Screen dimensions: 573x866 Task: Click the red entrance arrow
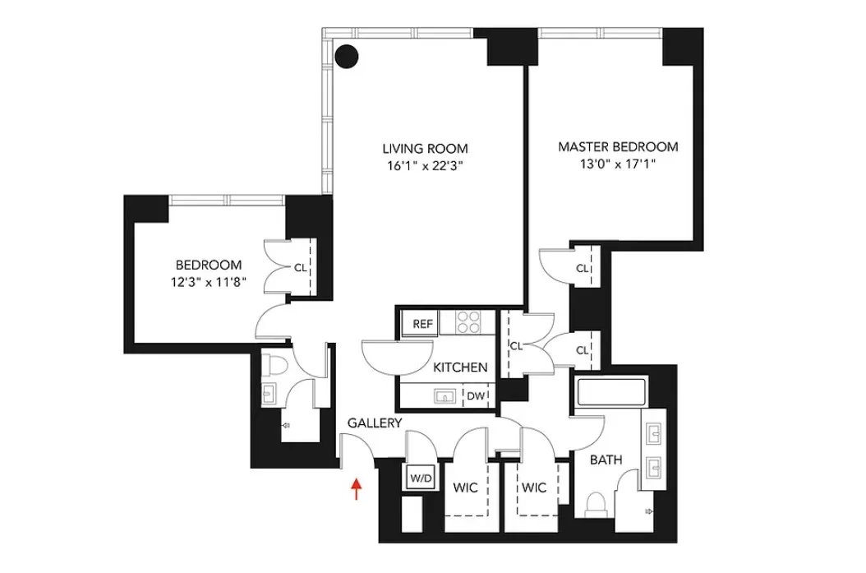coord(357,489)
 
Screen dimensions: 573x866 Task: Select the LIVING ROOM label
coord(425,149)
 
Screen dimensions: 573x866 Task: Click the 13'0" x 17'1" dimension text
coord(618,164)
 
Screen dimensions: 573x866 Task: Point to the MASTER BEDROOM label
coord(618,147)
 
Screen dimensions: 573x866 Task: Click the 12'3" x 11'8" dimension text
coord(209,281)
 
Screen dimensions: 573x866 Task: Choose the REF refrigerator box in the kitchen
coord(422,324)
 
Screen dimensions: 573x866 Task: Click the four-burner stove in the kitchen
coord(468,321)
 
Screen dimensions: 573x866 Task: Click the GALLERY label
coord(375,423)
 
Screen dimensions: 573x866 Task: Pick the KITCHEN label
coord(461,367)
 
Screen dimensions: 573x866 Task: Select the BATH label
coord(606,460)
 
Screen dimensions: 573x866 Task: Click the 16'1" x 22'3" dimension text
coord(425,165)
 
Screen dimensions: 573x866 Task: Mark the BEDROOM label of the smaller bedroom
coord(209,265)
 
